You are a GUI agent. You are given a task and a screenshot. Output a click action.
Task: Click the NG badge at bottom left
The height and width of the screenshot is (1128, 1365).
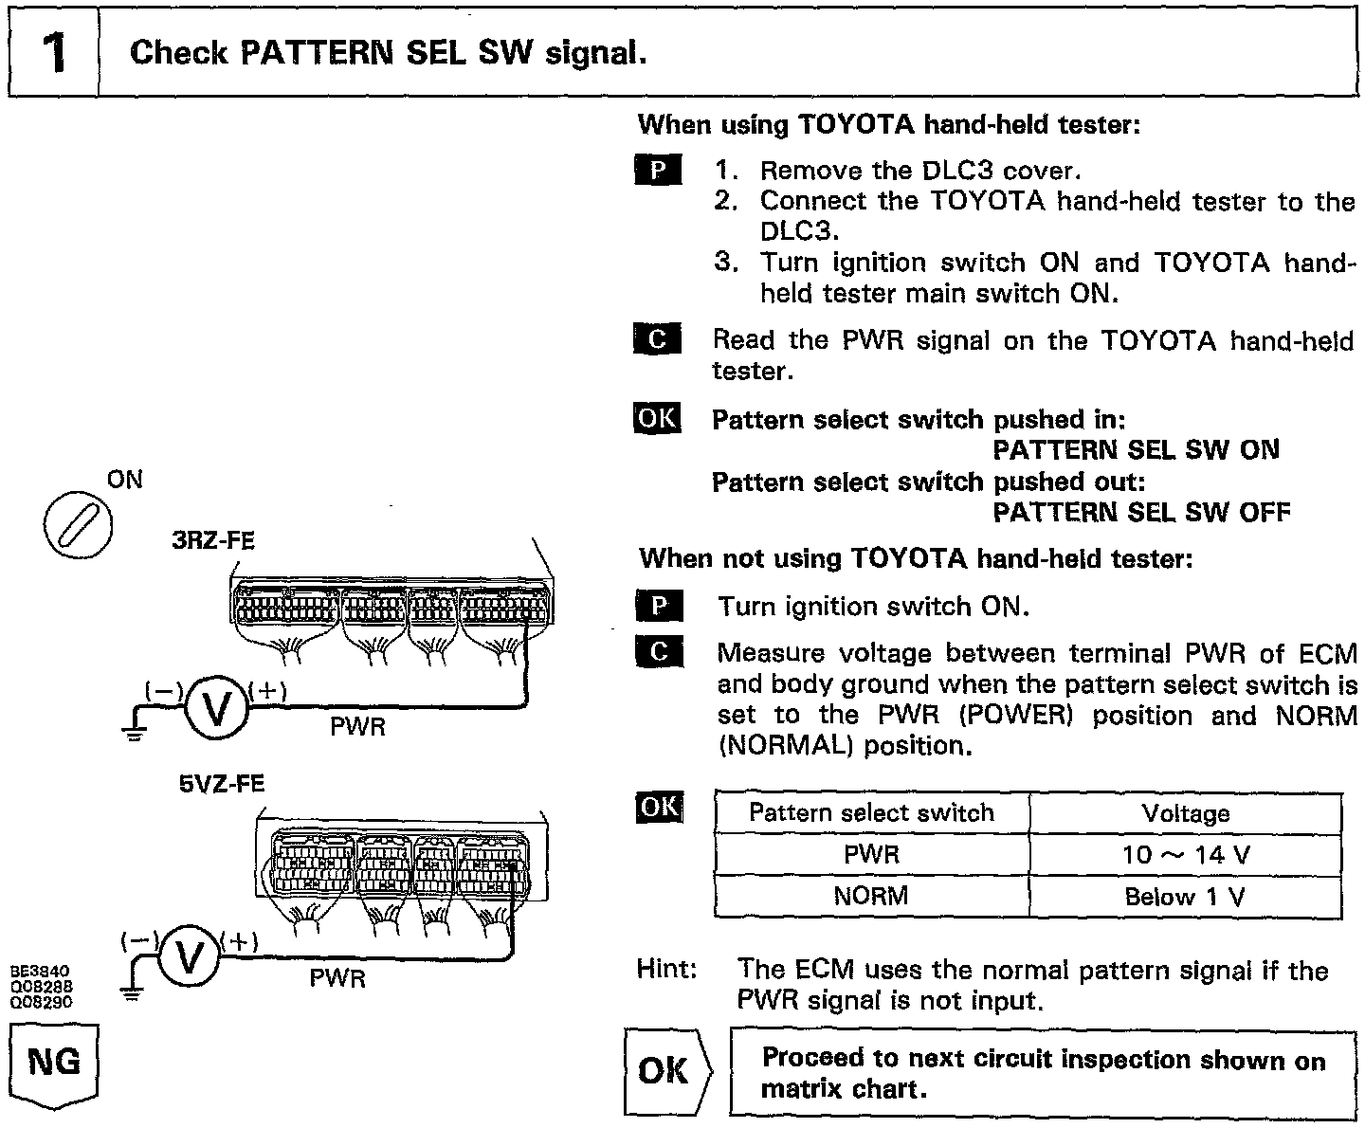click(x=54, y=1063)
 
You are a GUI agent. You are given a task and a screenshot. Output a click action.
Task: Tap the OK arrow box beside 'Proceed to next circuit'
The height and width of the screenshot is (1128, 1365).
click(x=667, y=1070)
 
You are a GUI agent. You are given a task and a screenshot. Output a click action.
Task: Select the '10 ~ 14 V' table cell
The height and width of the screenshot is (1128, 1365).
click(x=1185, y=855)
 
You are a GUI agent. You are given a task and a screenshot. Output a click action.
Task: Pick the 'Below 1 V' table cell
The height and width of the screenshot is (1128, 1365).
click(x=1185, y=897)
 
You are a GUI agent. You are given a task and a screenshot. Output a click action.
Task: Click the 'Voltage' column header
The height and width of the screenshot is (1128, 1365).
click(x=1185, y=813)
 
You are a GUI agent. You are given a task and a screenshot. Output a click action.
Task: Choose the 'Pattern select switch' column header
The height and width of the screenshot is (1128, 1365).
click(x=871, y=812)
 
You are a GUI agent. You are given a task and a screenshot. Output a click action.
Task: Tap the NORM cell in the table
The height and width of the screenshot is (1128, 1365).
click(x=871, y=896)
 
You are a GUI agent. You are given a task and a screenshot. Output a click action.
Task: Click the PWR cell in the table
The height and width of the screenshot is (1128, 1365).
click(x=871, y=855)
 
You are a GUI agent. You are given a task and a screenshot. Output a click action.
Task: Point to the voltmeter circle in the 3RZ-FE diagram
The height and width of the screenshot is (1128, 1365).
click(x=215, y=707)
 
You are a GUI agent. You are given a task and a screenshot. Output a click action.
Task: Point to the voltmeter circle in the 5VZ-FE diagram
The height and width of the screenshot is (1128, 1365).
click(x=189, y=957)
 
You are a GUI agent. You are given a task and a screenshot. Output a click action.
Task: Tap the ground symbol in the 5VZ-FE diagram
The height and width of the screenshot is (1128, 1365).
click(x=132, y=993)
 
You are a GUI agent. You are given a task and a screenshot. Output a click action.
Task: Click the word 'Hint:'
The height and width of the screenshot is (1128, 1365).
click(x=668, y=970)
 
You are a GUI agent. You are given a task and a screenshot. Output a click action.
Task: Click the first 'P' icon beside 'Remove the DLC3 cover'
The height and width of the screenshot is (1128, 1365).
click(x=657, y=172)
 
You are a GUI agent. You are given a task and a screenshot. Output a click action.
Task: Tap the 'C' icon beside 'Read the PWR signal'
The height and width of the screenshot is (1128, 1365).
click(x=657, y=339)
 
